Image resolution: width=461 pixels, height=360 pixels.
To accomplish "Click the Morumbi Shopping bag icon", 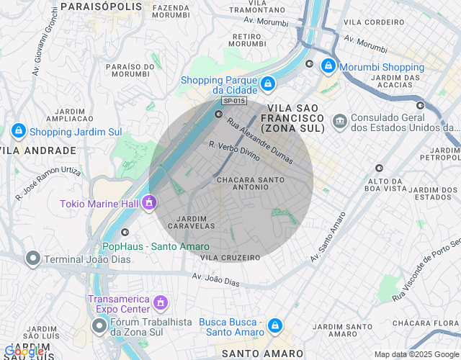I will point(328,66).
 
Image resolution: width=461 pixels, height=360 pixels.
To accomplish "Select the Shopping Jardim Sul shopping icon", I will point(19,131).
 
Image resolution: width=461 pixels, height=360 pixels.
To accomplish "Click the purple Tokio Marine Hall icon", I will point(149,203).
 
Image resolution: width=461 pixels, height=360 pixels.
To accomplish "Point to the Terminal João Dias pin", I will point(32,258).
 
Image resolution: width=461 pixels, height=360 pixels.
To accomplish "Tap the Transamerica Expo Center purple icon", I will point(161,300).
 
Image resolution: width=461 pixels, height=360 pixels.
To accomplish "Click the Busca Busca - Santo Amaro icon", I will point(274,326).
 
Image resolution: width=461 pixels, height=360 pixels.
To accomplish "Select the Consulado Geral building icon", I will point(340,119).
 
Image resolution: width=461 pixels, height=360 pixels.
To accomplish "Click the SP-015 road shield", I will point(234,102).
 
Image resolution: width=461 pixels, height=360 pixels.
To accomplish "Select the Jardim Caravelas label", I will point(192,222).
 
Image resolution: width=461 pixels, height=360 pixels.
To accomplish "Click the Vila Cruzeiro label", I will point(230,257).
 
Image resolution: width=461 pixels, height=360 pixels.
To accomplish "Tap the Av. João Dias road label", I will point(215,279).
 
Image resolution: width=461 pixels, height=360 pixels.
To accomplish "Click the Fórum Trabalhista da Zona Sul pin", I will point(99,326).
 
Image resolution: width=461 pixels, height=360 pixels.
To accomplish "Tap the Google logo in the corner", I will point(24,351).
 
